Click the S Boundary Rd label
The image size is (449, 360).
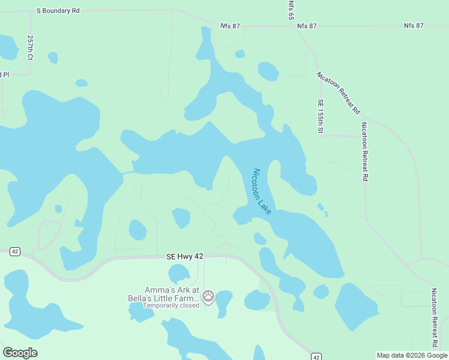tap(58, 11)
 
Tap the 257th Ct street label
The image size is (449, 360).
tap(30, 46)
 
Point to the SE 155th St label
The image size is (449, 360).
tap(321, 116)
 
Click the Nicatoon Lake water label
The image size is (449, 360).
tap(262, 191)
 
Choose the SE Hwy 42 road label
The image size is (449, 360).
tap(185, 256)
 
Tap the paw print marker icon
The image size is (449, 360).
tap(208, 295)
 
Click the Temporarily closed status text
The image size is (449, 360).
tap(170, 305)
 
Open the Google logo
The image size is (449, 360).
tap(20, 353)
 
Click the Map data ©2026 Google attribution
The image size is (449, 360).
tap(412, 355)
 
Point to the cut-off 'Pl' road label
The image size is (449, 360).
tap(5, 74)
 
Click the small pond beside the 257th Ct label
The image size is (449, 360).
tap(53, 58)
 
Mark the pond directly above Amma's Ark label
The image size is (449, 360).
tap(179, 274)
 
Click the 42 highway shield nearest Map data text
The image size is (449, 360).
tap(316, 356)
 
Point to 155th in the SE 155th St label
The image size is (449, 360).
tap(321, 114)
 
